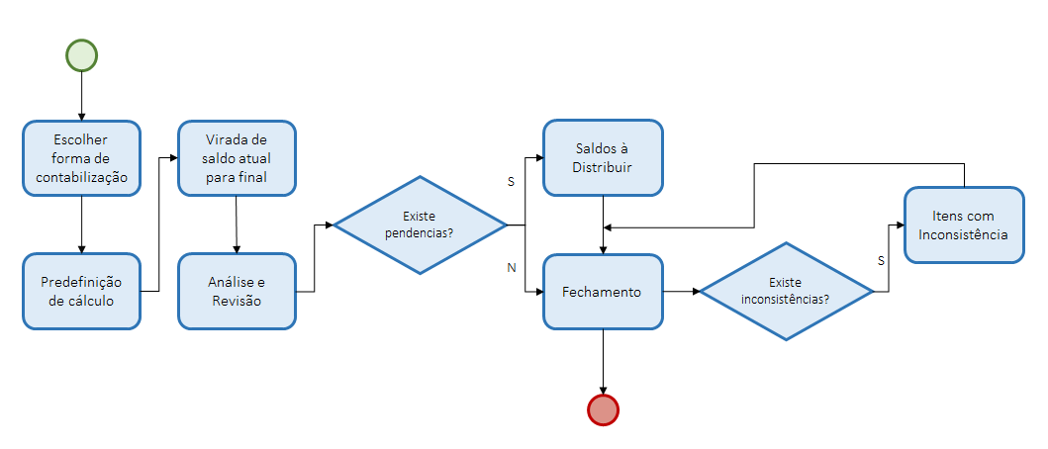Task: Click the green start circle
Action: [x=82, y=55]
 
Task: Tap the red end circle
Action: [x=603, y=408]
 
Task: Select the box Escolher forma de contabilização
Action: [x=82, y=158]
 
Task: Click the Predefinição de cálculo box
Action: [x=82, y=291]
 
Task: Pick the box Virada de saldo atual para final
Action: [x=237, y=158]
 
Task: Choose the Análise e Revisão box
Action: [x=237, y=291]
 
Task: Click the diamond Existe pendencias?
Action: [x=420, y=225]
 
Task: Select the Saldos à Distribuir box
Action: [x=603, y=158]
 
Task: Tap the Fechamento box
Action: [x=603, y=292]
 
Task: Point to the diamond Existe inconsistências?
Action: [x=787, y=292]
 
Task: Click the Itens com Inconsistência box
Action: [x=964, y=225]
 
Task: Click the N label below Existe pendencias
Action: [x=511, y=267]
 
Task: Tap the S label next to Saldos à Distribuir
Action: [x=511, y=182]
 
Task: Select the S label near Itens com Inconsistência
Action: [x=881, y=260]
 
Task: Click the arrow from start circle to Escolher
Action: [x=82, y=96]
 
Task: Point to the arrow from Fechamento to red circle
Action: [x=603, y=360]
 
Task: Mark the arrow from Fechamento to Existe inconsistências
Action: [x=681, y=292]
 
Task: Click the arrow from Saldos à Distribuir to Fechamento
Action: [x=603, y=225]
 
